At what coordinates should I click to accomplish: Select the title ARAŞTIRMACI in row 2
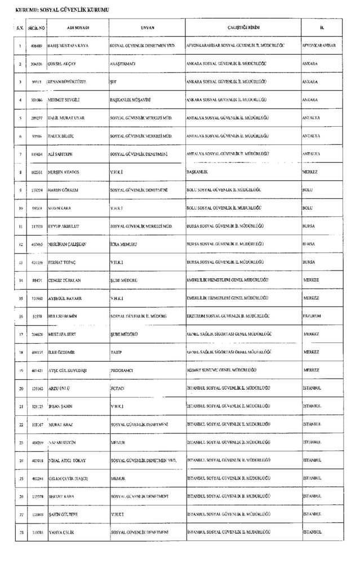pyautogui.click(x=122, y=64)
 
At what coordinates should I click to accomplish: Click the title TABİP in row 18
pyautogui.click(x=117, y=352)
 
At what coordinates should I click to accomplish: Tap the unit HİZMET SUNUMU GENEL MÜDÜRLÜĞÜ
pyautogui.click(x=221, y=370)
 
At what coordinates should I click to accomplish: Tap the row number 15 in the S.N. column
pyautogui.click(x=20, y=298)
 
